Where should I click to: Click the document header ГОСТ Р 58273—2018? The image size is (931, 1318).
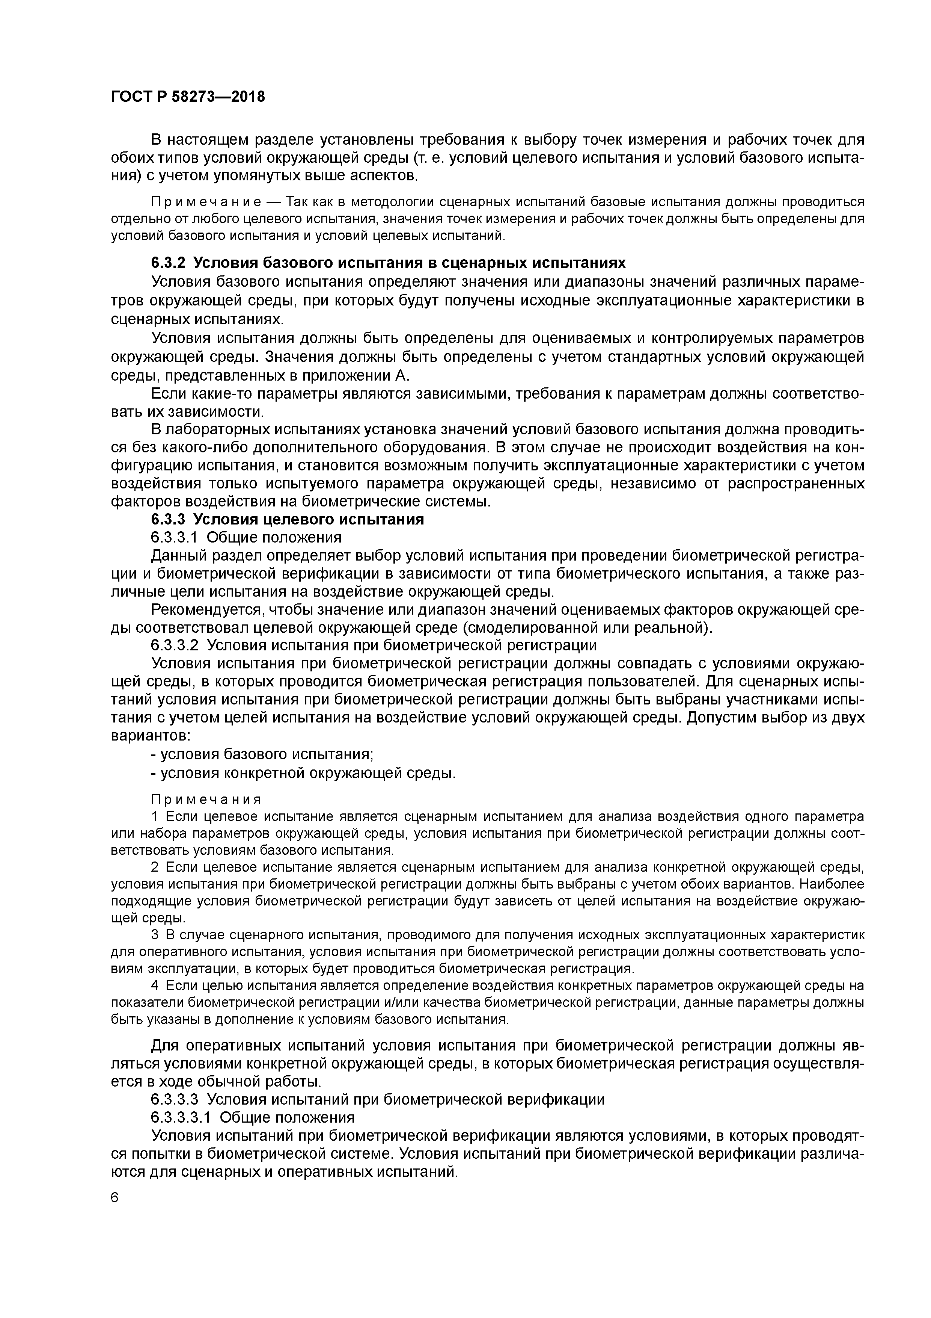[188, 97]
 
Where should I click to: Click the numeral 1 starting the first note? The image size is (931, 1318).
[154, 816]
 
